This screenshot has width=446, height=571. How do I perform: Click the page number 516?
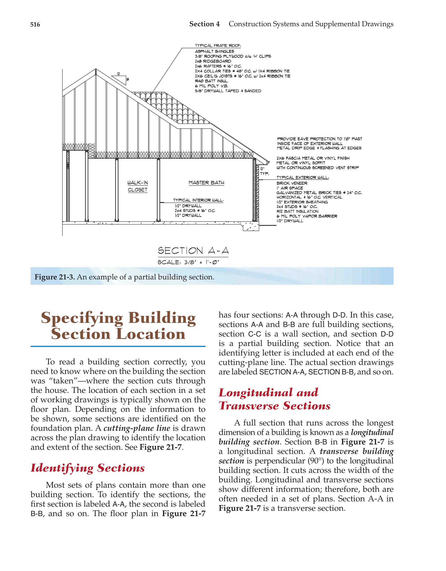point(35,24)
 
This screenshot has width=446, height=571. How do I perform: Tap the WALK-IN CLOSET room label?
point(137,186)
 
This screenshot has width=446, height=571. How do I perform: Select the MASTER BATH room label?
point(206,183)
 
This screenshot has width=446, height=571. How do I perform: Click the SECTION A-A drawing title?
point(193,251)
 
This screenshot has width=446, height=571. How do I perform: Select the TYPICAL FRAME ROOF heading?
point(218,46)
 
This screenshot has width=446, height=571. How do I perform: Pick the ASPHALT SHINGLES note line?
point(214,51)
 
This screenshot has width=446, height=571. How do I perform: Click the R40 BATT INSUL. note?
point(212,81)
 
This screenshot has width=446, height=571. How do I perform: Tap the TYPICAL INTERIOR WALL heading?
point(198,200)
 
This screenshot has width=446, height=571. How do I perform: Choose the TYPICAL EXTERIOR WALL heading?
point(302,178)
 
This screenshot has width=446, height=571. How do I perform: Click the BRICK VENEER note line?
point(292,183)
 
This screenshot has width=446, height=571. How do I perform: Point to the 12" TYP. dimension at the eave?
point(264,171)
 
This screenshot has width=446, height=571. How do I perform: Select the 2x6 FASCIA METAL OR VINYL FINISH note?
point(313,158)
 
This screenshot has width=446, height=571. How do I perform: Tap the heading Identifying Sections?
point(88,468)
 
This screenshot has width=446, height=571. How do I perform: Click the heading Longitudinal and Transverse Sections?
point(275,399)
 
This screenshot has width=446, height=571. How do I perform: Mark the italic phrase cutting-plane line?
point(137,428)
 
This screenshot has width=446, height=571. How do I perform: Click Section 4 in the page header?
point(204,24)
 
